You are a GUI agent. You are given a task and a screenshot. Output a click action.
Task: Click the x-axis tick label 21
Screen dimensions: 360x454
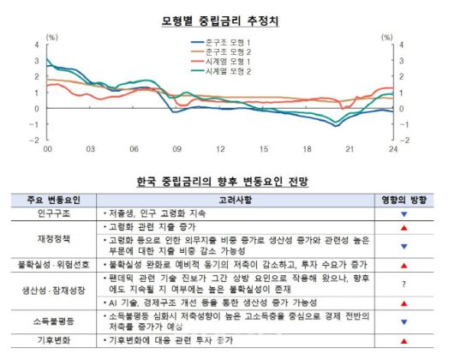(x=349, y=149)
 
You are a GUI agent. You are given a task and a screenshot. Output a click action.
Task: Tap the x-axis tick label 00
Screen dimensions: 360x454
(x=48, y=149)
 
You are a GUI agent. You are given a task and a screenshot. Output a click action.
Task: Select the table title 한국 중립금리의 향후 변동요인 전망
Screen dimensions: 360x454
(x=221, y=181)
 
